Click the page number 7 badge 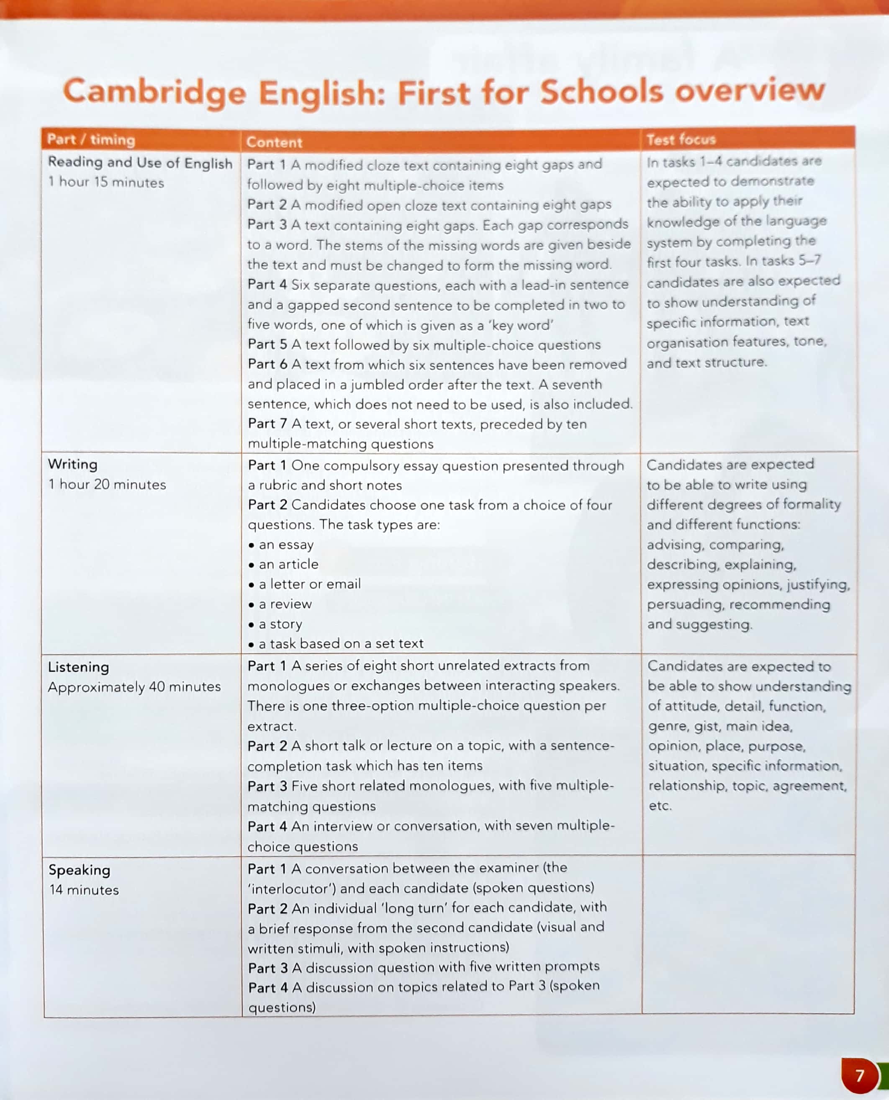(x=859, y=1075)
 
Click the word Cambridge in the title (x=154, y=92)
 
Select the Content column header (x=274, y=142)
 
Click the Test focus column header (x=681, y=139)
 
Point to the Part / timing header (x=91, y=139)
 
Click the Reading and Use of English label (x=140, y=163)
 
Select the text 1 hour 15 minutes (x=106, y=182)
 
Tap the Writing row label (x=72, y=464)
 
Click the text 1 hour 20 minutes (x=107, y=484)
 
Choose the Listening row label (x=78, y=667)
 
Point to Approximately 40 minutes (x=134, y=687)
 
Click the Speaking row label (x=80, y=869)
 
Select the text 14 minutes (x=84, y=890)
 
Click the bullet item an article (x=288, y=564)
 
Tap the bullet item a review (x=285, y=604)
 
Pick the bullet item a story (x=280, y=624)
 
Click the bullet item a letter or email (x=309, y=584)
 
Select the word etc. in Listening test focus (x=660, y=806)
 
